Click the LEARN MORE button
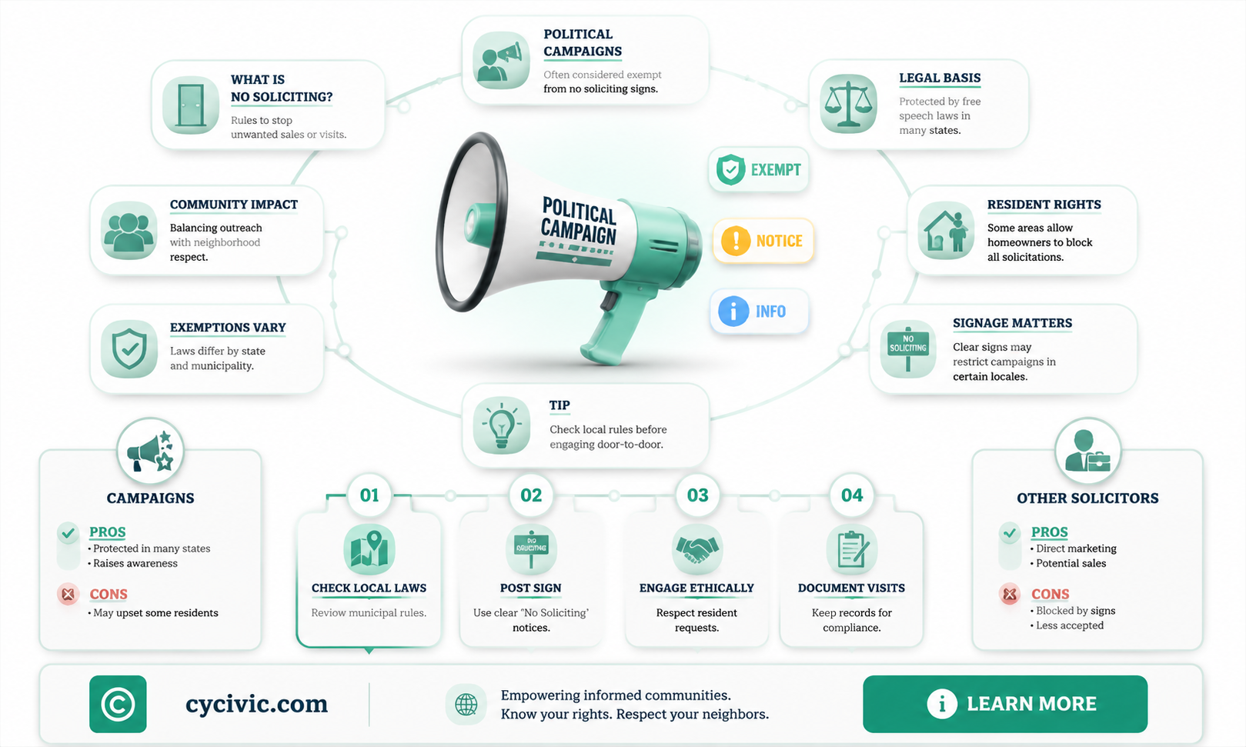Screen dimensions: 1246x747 tap(1004, 704)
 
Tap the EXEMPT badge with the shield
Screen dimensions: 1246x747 tap(759, 170)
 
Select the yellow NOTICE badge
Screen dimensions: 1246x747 tap(763, 241)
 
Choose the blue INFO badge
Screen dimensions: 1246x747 tap(760, 311)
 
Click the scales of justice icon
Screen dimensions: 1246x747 tap(848, 104)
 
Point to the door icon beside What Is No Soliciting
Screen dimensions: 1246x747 tap(191, 105)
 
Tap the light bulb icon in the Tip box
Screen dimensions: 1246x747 tap(502, 425)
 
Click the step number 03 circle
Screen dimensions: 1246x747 tap(697, 495)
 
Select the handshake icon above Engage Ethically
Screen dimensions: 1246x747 tap(697, 549)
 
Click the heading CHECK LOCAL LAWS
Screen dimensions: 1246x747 tap(369, 588)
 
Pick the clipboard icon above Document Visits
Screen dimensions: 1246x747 tap(852, 549)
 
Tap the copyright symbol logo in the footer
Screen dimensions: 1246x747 tap(118, 704)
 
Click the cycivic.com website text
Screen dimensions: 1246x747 tap(256, 704)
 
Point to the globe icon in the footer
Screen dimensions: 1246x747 tap(466, 705)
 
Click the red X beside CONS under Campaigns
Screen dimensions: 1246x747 tap(68, 595)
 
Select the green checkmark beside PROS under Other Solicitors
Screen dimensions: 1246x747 tap(1010, 533)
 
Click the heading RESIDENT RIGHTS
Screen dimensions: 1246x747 tap(1044, 205)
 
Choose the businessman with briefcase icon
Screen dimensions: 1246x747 tap(1087, 451)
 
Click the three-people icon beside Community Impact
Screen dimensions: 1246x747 tap(129, 231)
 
